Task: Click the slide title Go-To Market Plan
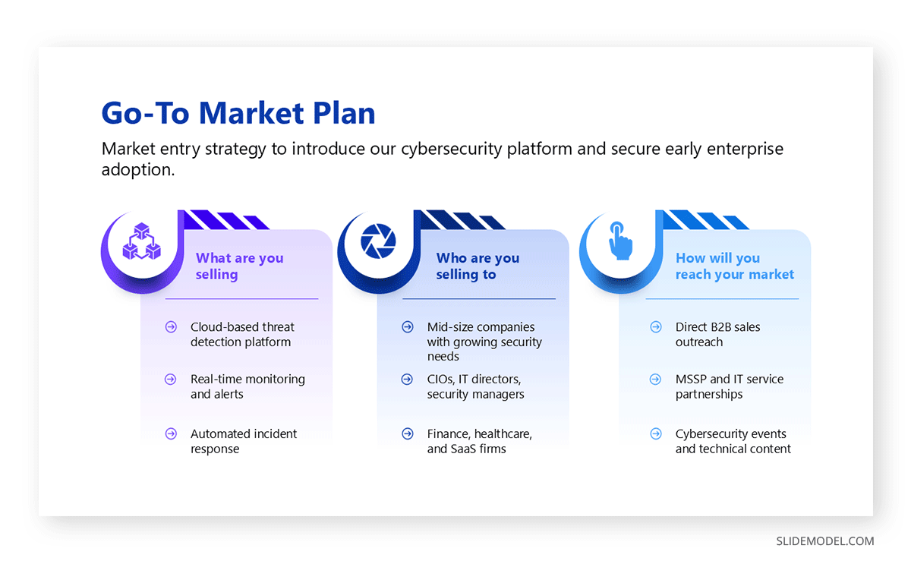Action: tap(238, 113)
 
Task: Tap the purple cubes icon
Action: tap(142, 242)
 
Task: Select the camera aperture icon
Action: tap(378, 242)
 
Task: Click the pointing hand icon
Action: tap(619, 241)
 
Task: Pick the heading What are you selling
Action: tap(239, 266)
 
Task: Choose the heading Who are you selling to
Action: tap(478, 266)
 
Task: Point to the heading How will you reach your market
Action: tap(734, 266)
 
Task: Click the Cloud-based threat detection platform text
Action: tap(242, 334)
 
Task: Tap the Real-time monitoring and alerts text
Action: tap(247, 386)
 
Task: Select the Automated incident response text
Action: tap(243, 441)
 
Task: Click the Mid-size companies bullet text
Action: tap(484, 342)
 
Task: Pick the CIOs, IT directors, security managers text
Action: tap(475, 386)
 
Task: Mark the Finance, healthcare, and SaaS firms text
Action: tap(479, 441)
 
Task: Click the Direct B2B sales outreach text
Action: tap(717, 334)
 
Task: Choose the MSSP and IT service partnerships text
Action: tap(729, 386)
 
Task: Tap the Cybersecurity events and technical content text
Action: tap(733, 441)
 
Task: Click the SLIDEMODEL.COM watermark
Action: tap(824, 541)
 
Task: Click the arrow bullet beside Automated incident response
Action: tap(171, 434)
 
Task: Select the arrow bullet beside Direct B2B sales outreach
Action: tap(656, 327)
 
